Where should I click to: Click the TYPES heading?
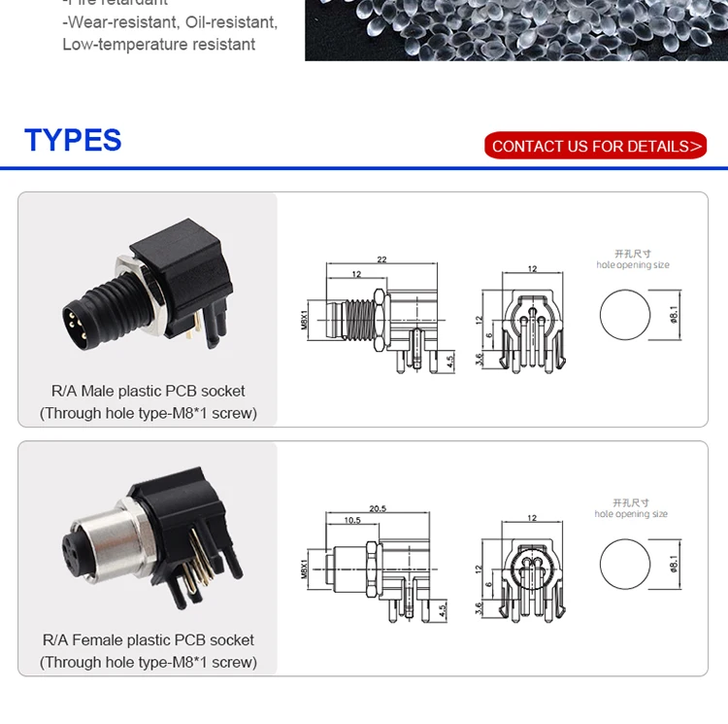(x=73, y=140)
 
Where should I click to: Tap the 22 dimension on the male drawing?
(x=381, y=259)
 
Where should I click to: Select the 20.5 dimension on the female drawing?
(x=379, y=508)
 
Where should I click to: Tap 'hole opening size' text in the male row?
(x=633, y=265)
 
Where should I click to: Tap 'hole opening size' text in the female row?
(x=631, y=514)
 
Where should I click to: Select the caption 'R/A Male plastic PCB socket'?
(x=148, y=392)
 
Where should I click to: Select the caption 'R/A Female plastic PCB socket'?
(x=148, y=640)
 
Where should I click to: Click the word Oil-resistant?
(x=232, y=21)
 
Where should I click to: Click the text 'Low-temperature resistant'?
(x=159, y=45)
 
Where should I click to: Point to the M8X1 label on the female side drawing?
(x=304, y=568)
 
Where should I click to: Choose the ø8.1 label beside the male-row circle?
(x=674, y=315)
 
